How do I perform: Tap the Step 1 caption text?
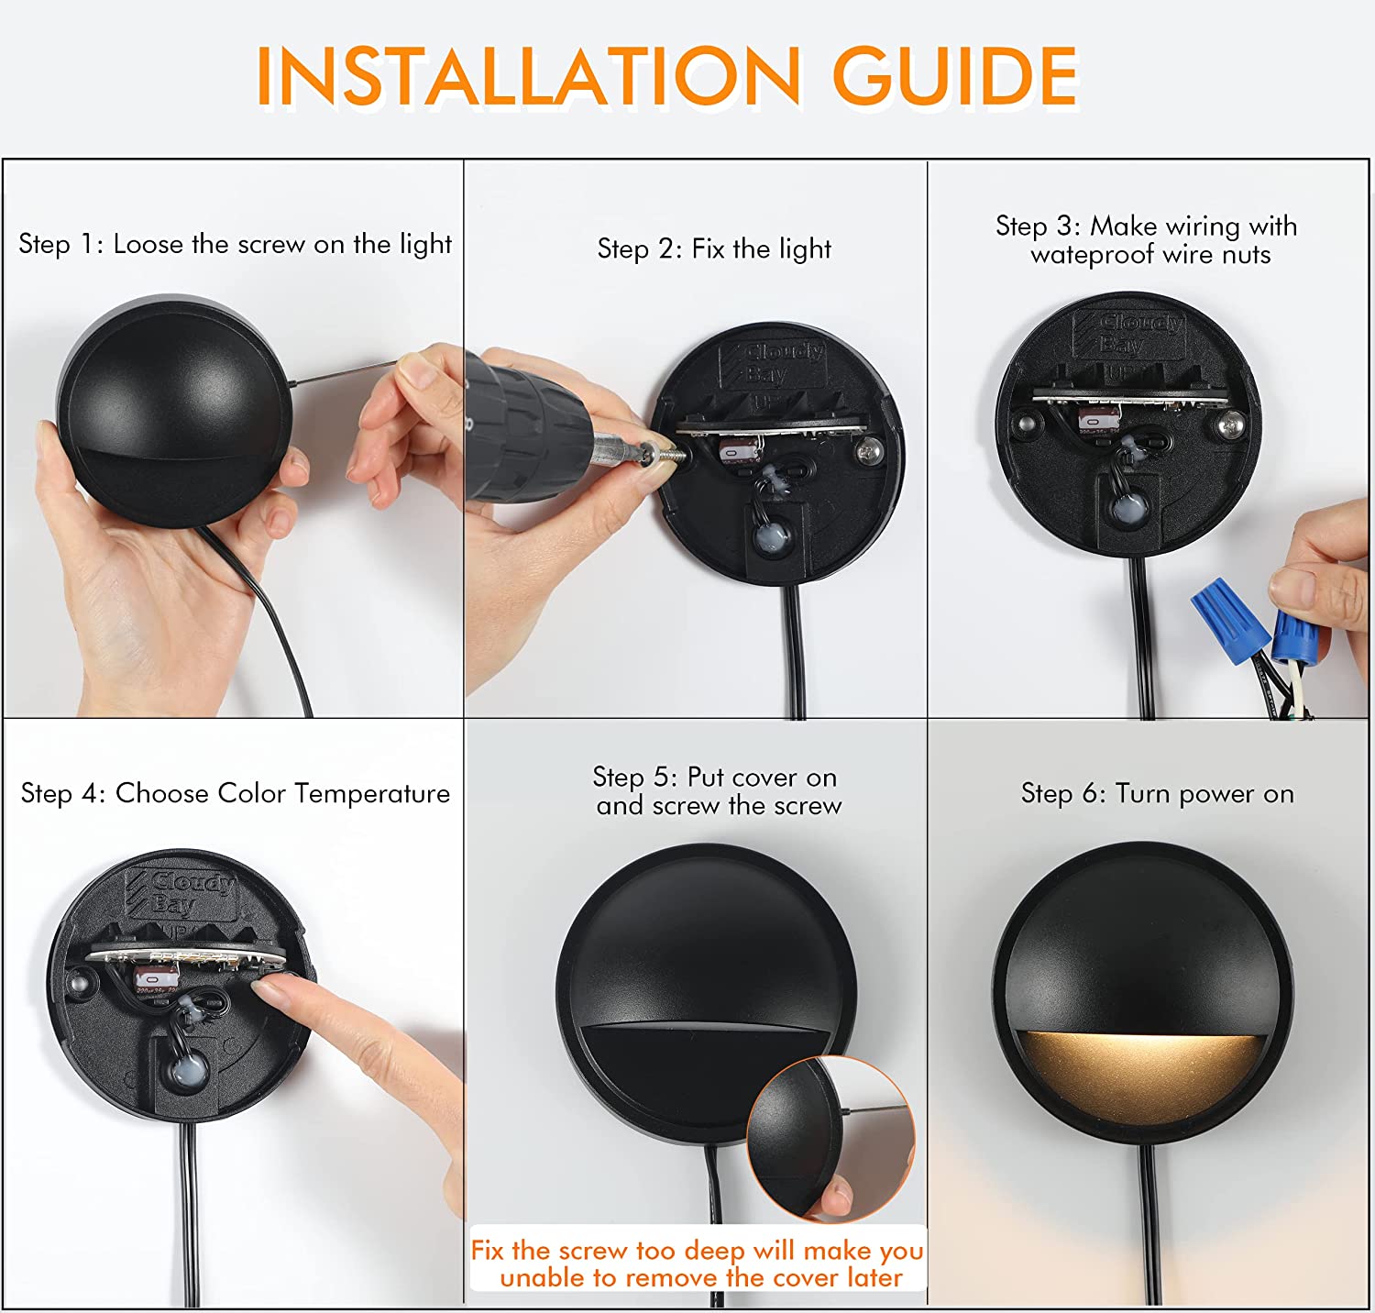tap(236, 245)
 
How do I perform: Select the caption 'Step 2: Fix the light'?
tap(714, 248)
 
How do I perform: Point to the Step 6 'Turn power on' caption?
tap(1158, 793)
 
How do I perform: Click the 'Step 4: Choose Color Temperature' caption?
tap(236, 793)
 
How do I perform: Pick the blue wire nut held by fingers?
tap(1291, 635)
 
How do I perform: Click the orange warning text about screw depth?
tap(698, 1263)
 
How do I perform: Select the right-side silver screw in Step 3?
tap(1229, 425)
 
